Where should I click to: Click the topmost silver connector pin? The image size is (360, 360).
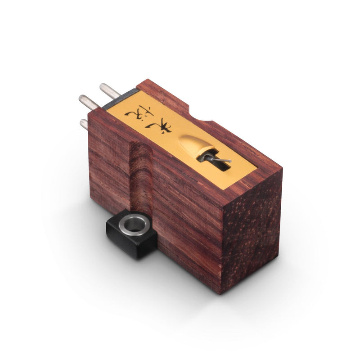[x=109, y=89]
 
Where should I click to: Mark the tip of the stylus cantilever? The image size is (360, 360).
[x=229, y=160]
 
